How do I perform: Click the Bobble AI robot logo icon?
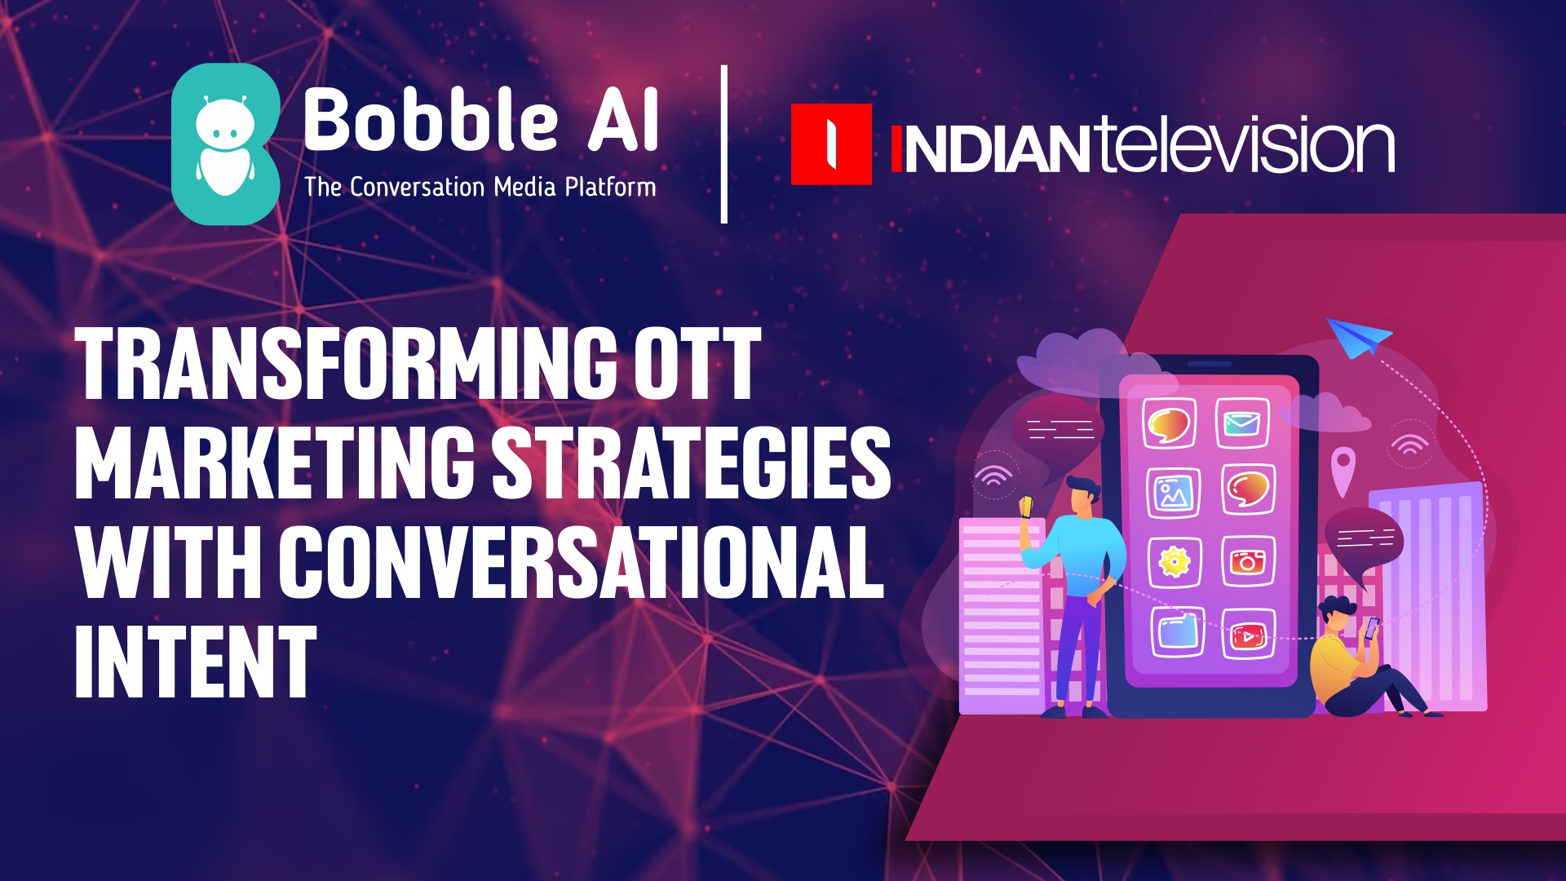pos(226,144)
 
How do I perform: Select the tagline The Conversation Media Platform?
pos(480,187)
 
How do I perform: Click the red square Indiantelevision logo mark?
pos(831,144)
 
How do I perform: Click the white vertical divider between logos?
pos(724,144)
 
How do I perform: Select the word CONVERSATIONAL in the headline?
pos(582,561)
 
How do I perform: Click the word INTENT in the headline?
pos(195,661)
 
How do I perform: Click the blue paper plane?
pos(1358,337)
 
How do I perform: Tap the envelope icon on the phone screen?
pos(1242,423)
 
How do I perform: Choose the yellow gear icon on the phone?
pos(1174,561)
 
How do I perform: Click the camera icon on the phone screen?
pos(1248,561)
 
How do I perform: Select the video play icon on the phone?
pos(1248,634)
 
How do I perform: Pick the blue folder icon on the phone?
pos(1178,632)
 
